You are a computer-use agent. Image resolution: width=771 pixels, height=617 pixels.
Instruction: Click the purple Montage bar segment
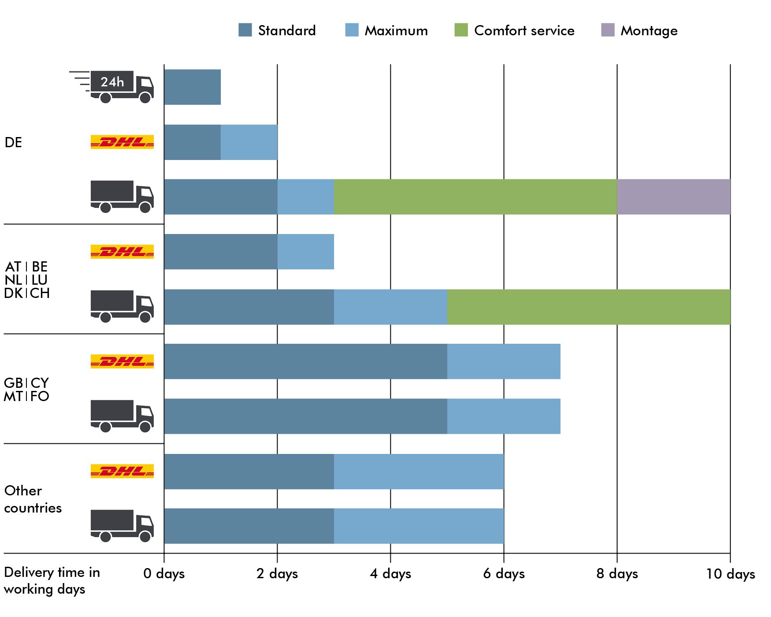674,197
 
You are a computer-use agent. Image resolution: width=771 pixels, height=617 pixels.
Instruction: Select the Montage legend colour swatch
608,30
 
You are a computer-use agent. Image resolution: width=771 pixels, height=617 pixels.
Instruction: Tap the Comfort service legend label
524,30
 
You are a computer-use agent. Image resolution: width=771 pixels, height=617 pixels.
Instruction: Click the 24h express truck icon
111,86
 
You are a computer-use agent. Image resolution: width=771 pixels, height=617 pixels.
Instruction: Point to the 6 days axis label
504,574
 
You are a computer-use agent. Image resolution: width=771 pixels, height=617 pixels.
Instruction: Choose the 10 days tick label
730,574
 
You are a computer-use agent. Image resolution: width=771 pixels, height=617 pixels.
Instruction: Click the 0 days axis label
164,574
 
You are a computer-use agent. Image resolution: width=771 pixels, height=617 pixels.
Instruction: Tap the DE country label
13,142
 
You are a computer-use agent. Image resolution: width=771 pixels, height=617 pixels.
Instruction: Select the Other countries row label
33,499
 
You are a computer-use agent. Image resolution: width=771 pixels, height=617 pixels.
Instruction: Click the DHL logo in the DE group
122,142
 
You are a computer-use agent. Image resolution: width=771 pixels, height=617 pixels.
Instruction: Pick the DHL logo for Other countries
122,471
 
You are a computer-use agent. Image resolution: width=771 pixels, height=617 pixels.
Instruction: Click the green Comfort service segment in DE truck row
475,197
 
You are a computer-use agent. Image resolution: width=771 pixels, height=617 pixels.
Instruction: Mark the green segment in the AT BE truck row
589,307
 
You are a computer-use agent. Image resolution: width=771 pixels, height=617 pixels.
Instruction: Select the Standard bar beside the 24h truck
193,87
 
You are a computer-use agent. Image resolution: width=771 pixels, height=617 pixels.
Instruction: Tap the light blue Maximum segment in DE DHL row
249,142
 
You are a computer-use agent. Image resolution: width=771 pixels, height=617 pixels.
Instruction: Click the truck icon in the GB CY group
122,416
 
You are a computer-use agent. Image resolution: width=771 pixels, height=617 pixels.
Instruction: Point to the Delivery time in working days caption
52,581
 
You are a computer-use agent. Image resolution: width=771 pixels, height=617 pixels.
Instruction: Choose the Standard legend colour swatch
245,30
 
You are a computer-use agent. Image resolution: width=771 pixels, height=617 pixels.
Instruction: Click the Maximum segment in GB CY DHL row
504,361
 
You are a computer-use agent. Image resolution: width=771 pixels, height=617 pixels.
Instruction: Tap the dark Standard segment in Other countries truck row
249,526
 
